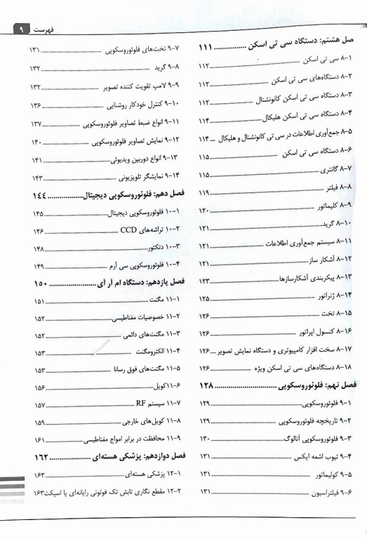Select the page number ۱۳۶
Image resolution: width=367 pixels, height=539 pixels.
pos(37,105)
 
